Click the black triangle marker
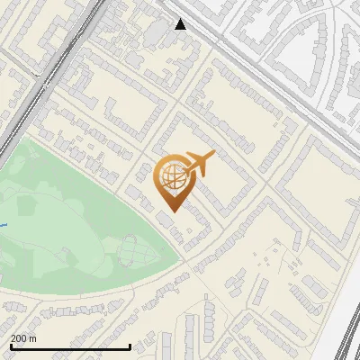(180, 24)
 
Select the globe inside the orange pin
(170, 175)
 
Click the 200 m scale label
(24, 338)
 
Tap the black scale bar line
(70, 346)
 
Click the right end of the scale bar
(130, 346)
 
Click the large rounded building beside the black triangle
(158, 32)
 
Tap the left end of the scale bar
(10, 346)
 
